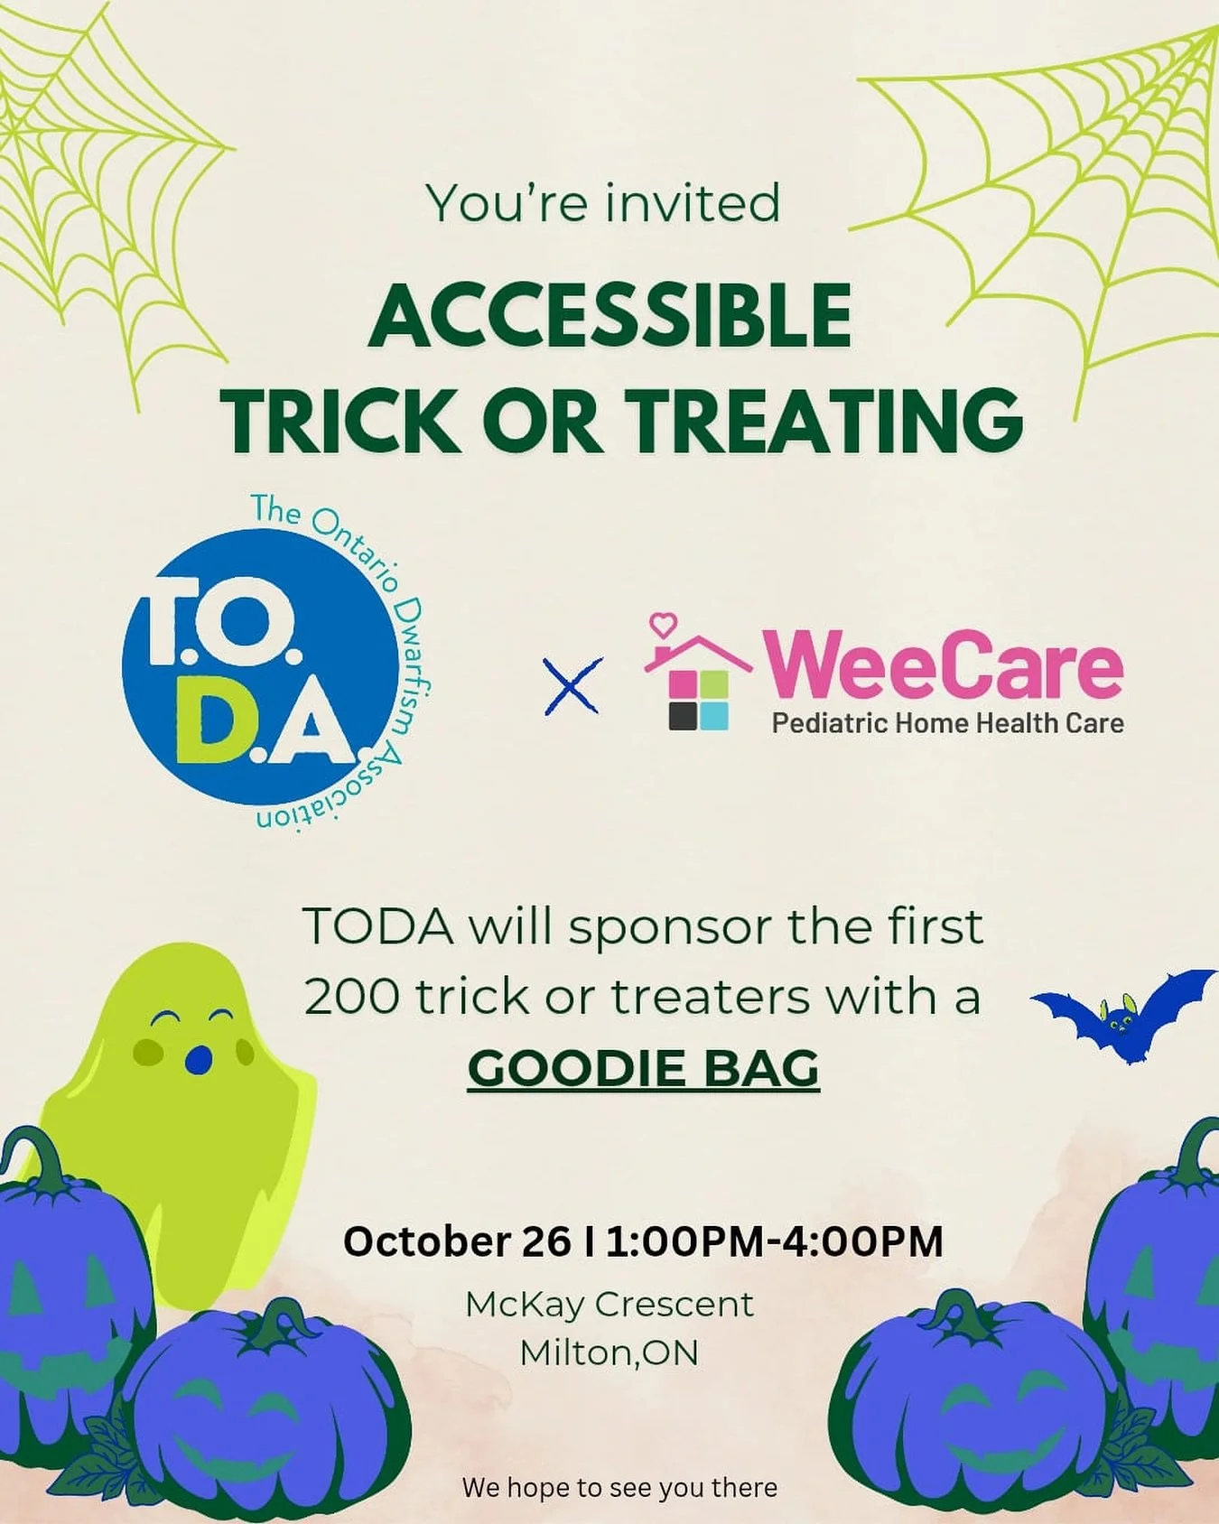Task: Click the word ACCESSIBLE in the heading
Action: tap(609, 316)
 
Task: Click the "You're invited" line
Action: tap(603, 203)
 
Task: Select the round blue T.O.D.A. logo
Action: tap(260, 664)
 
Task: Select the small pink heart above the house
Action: tap(664, 623)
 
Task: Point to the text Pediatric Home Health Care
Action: tap(947, 723)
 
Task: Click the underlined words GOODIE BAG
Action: tap(643, 1069)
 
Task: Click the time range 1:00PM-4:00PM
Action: tap(775, 1241)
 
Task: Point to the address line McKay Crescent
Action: tap(609, 1304)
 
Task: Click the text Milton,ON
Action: tap(609, 1352)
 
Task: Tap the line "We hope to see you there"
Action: tap(619, 1488)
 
